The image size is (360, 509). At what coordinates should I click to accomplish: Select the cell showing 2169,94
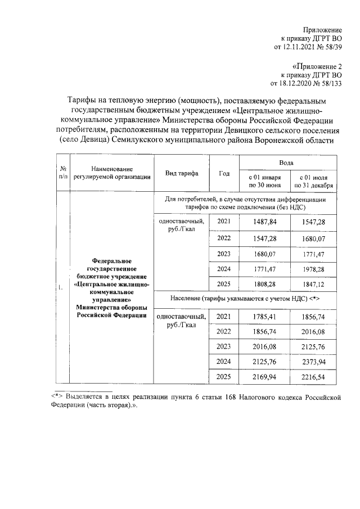point(264,377)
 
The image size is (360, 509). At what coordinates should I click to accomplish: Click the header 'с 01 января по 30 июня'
point(264,181)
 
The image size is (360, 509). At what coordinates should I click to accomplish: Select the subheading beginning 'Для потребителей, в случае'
point(245,203)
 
